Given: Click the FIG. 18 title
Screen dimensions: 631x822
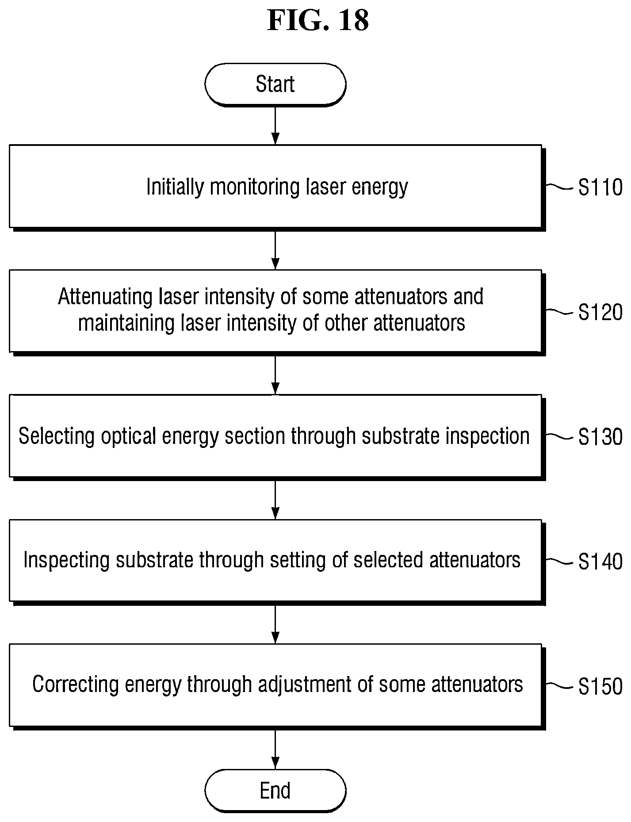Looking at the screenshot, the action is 318,21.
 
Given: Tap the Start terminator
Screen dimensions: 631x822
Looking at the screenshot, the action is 275,84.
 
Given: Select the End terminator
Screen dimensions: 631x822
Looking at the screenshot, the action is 275,791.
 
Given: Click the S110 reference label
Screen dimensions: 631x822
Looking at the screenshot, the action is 600,188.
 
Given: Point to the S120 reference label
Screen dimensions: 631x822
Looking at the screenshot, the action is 600,313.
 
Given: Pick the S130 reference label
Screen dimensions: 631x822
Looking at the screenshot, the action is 600,437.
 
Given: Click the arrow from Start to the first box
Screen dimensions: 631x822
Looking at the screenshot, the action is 275,125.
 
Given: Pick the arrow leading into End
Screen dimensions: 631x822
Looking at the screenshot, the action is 275,749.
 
